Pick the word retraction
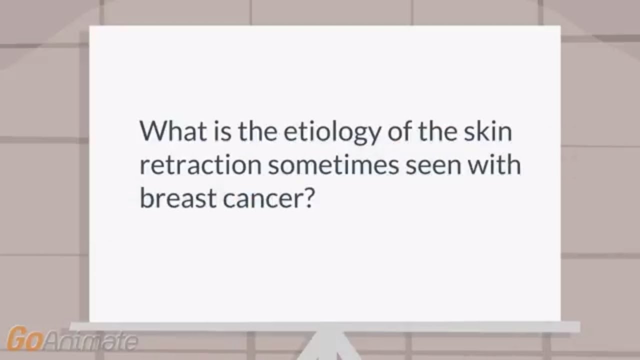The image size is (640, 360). (x=199, y=165)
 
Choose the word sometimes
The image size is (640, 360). (x=333, y=165)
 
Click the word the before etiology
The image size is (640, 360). (x=253, y=132)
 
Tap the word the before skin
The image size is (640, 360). (x=438, y=132)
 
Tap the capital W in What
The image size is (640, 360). (x=151, y=132)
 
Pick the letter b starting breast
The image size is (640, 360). (x=145, y=198)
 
